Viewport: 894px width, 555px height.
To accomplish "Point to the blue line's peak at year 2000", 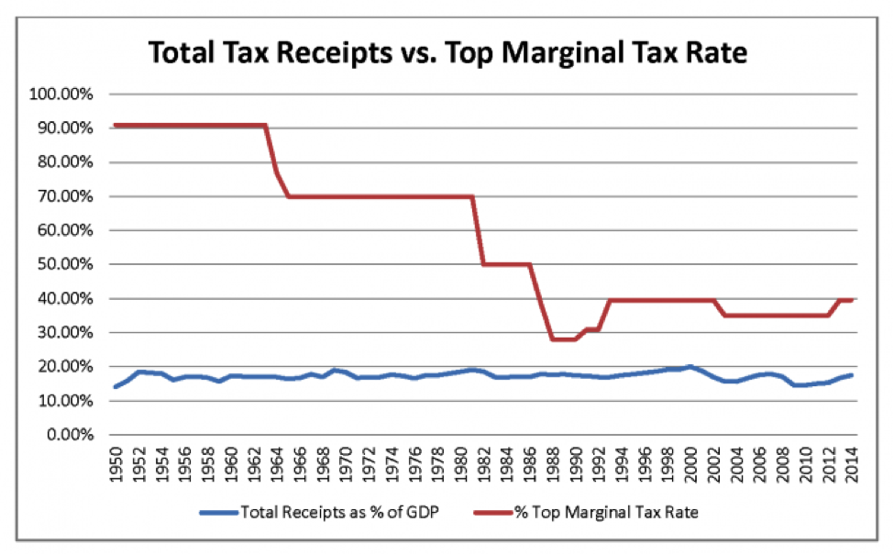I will [690, 366].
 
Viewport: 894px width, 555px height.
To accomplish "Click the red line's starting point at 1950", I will [116, 125].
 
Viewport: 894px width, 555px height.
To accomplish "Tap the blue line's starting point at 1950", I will [116, 386].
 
